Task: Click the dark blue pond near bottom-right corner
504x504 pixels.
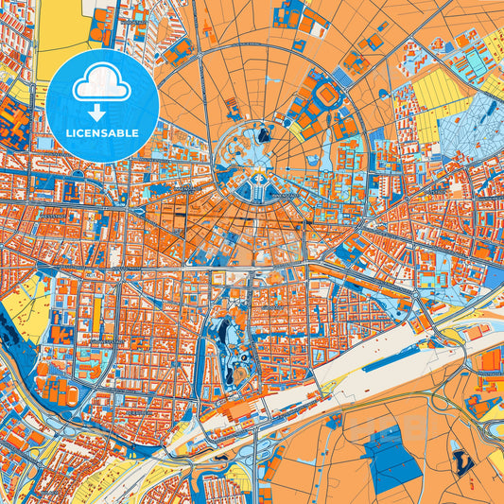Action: click(x=462, y=462)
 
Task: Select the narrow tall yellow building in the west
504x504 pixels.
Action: click(x=96, y=317)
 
